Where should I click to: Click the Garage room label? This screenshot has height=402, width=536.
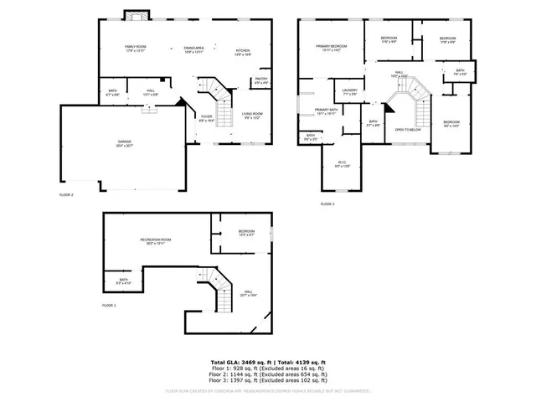(x=125, y=143)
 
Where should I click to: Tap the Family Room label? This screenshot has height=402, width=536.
(x=136, y=49)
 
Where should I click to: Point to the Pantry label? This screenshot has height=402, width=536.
(x=260, y=81)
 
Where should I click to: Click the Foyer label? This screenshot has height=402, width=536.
(x=206, y=119)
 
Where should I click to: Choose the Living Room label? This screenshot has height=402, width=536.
(x=252, y=116)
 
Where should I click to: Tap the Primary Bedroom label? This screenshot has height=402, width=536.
(x=331, y=48)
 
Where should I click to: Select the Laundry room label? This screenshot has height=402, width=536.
(x=349, y=92)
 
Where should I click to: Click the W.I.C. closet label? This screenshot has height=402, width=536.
(x=343, y=164)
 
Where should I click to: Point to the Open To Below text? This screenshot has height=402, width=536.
(x=408, y=130)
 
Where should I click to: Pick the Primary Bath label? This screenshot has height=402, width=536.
(x=326, y=111)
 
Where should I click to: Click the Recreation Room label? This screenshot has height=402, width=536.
(x=155, y=241)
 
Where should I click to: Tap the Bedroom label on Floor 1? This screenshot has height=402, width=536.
(x=245, y=233)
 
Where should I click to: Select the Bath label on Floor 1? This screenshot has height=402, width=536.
(x=123, y=282)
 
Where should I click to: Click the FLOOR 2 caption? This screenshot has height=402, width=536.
(x=66, y=194)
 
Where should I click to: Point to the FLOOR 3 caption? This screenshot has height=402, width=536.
(x=327, y=204)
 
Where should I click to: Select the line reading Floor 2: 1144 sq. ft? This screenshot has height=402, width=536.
(x=268, y=373)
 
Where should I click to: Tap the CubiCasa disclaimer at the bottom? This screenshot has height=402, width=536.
(x=268, y=390)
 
